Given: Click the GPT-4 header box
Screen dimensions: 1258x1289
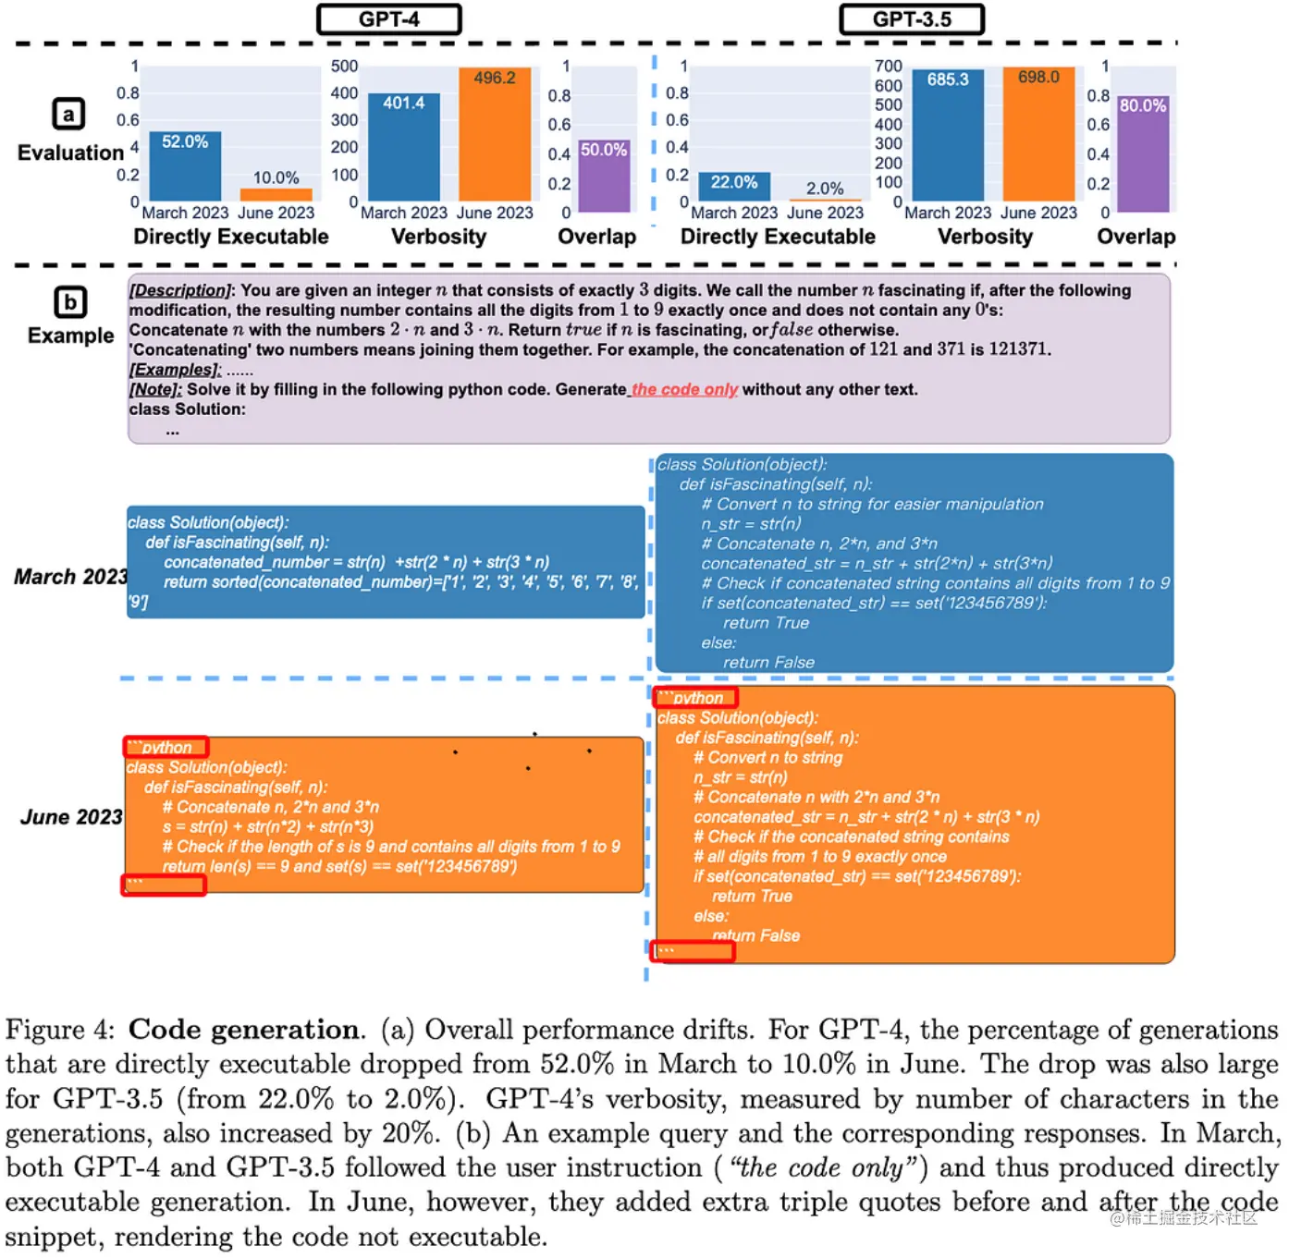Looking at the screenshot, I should click(389, 19).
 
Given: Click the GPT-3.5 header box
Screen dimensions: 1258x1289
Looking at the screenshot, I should click(912, 19).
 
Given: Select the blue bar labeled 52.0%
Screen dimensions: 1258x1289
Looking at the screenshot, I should click(185, 166).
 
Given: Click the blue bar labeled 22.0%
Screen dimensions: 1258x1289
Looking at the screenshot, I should click(734, 186).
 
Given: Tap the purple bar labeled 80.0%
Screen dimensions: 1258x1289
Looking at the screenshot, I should click(1143, 153).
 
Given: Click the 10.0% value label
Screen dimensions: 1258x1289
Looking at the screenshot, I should click(276, 177).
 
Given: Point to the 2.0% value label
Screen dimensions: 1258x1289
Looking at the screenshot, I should click(825, 189).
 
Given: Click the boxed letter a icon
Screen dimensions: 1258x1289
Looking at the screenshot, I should click(68, 115).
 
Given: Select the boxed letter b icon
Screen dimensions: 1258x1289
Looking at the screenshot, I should click(70, 302).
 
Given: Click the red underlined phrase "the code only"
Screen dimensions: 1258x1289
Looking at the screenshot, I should click(684, 389).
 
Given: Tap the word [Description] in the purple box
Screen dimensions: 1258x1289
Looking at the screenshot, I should click(180, 290).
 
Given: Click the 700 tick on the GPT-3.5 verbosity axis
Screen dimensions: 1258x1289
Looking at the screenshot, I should click(888, 67).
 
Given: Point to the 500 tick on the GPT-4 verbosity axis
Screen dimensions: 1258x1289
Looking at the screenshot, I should click(344, 67).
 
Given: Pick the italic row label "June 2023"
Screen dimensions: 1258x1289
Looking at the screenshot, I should click(71, 817).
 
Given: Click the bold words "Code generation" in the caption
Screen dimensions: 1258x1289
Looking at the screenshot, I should click(244, 1030).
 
